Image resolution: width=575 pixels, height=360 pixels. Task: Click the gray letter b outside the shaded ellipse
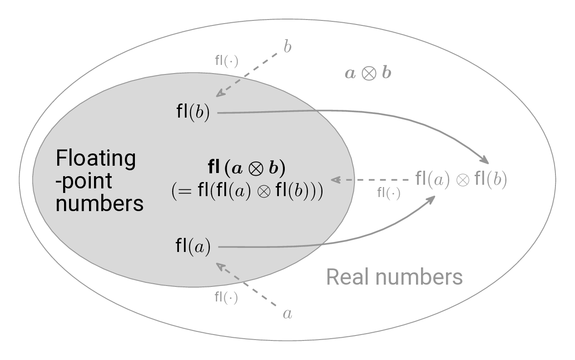coord(287,48)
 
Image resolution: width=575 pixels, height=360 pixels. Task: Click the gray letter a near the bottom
coord(287,314)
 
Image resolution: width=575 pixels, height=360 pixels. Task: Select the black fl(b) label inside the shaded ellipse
coord(193,113)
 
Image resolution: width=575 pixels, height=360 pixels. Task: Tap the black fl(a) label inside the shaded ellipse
coord(193,247)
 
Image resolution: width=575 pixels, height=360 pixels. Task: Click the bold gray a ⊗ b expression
coord(368,73)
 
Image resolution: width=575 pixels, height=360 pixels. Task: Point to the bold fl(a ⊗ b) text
coord(247,168)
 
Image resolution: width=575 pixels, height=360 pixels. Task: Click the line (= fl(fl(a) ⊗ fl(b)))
coord(247,191)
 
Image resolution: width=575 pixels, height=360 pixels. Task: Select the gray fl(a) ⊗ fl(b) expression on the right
coord(461,179)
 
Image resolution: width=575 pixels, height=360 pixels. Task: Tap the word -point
coord(84,181)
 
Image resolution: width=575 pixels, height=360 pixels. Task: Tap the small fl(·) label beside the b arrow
coord(226,61)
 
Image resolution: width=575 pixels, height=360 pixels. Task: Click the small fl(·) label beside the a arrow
coord(226,298)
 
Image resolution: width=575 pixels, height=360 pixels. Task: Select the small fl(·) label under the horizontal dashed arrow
coord(389,193)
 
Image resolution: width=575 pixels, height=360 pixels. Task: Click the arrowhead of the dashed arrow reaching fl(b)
coord(220,94)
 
